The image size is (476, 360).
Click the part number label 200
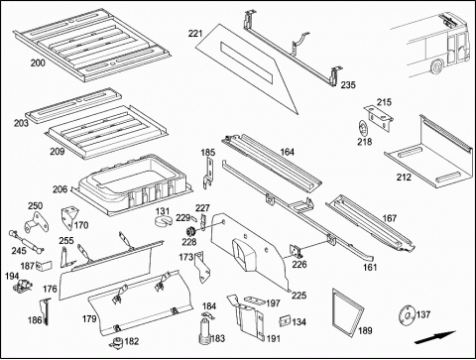(x=38, y=62)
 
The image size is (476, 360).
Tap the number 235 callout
(x=348, y=85)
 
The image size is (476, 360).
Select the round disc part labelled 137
(x=407, y=314)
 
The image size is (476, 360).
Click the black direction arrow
(x=435, y=337)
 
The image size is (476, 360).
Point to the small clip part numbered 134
(x=285, y=320)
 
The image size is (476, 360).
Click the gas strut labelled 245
(x=26, y=241)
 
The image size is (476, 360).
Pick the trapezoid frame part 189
(x=347, y=310)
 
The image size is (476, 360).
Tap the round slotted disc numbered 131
(x=164, y=221)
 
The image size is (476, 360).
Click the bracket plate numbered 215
(x=379, y=117)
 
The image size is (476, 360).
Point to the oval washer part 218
(x=363, y=128)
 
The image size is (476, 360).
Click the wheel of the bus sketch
(x=437, y=66)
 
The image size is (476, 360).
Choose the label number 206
(x=59, y=189)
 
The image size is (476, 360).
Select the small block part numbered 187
(x=45, y=266)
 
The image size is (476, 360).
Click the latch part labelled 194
(x=23, y=286)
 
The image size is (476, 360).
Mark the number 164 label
(x=287, y=152)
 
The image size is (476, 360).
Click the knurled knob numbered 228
(x=190, y=231)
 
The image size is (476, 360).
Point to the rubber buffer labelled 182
(x=116, y=342)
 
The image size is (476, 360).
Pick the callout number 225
(x=298, y=295)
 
